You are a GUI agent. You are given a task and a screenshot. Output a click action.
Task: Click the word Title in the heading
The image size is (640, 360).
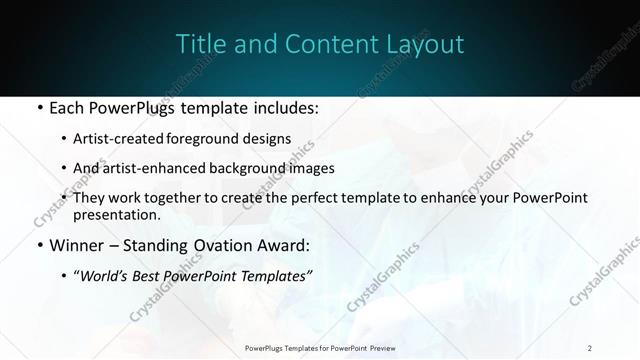pos(199,44)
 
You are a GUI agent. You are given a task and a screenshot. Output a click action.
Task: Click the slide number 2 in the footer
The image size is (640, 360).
pos(590,348)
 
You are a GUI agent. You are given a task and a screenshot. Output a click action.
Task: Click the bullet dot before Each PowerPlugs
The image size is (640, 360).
pos(38,107)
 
